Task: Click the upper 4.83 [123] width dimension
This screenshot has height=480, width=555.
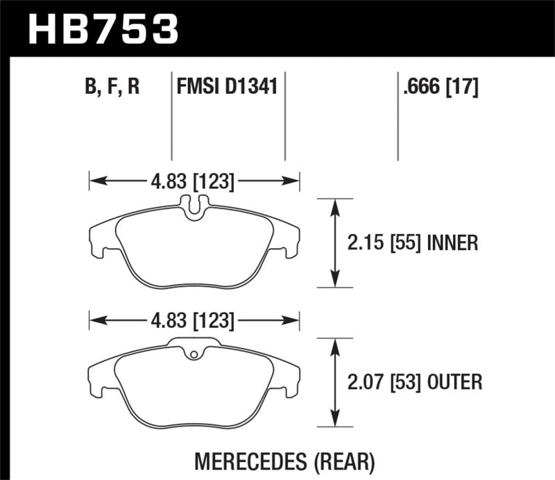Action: [x=195, y=182]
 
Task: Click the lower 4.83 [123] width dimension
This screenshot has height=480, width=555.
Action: [x=195, y=321]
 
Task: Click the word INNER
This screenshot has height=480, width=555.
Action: [x=453, y=242]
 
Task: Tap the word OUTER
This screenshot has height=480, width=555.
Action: [x=456, y=381]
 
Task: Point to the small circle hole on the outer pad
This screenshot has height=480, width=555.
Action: [x=195, y=356]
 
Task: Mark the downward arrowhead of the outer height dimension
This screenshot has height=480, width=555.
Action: [x=336, y=420]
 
